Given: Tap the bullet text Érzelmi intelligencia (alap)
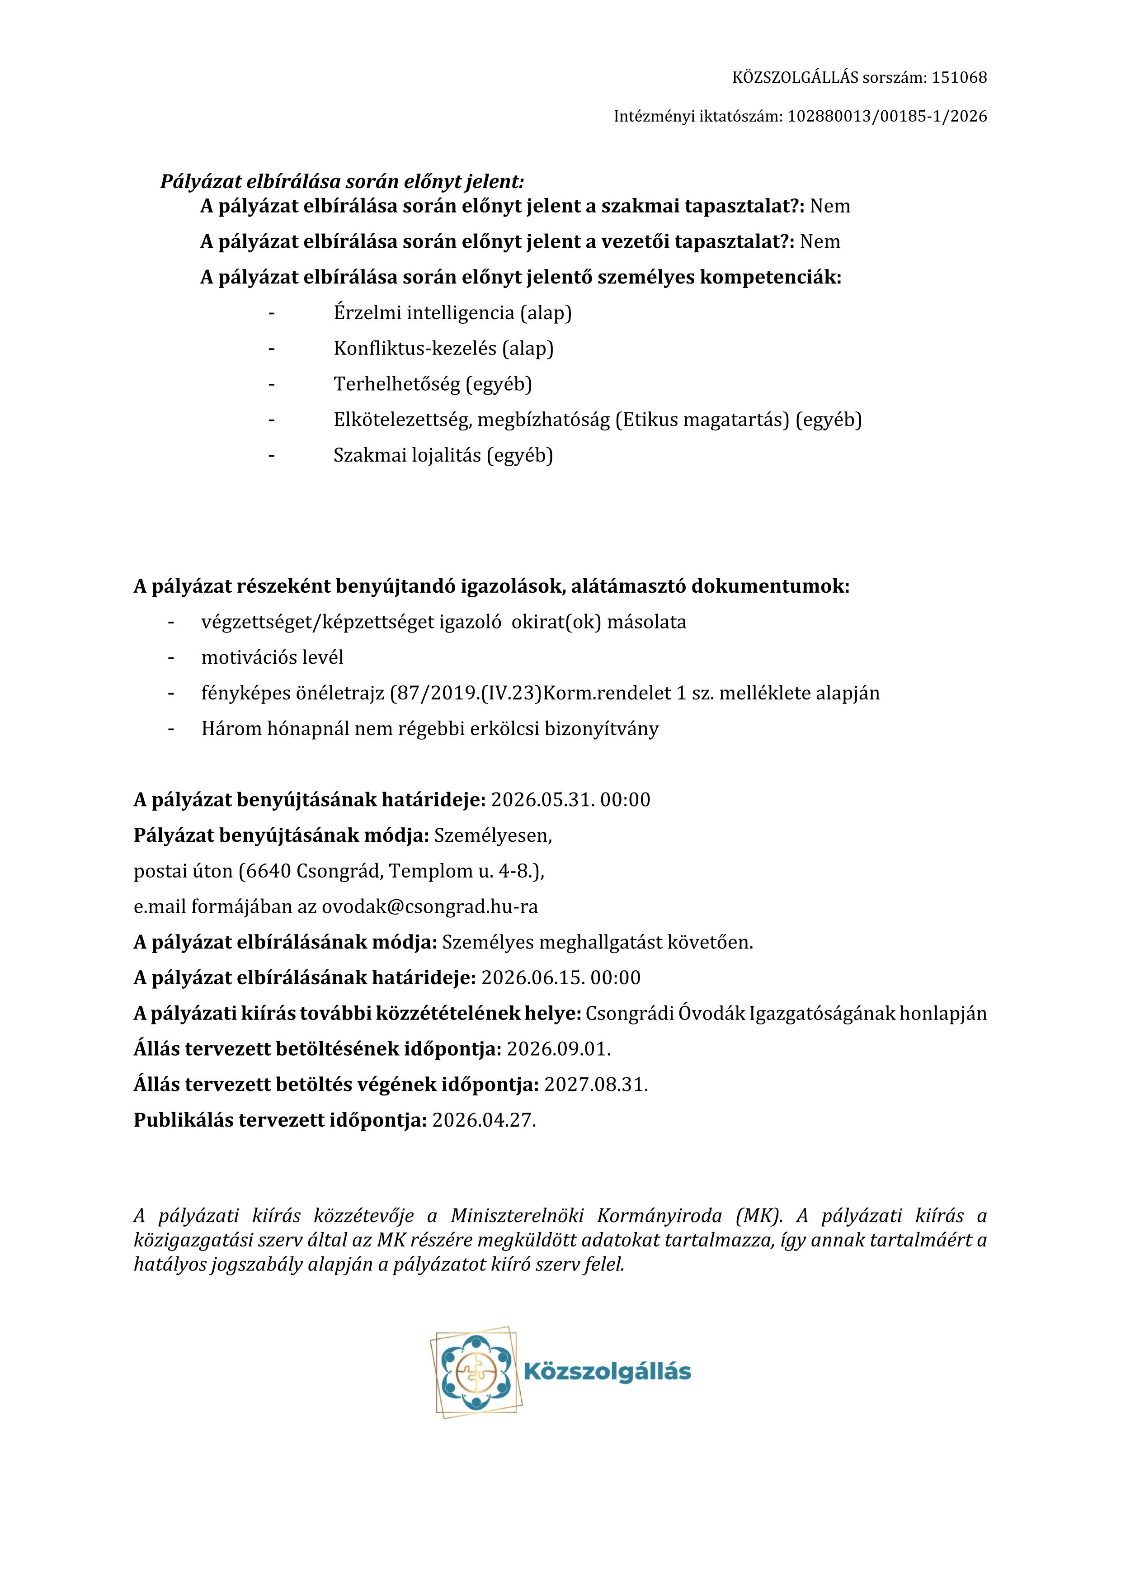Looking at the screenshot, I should [x=452, y=313].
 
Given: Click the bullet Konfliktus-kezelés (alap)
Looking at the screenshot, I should [x=443, y=348].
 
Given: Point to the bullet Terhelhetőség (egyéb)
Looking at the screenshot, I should [x=433, y=384].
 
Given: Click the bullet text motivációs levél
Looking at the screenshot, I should [x=272, y=657].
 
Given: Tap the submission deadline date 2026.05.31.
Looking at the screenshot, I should [x=542, y=800].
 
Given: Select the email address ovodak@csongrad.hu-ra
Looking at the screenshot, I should [x=429, y=906].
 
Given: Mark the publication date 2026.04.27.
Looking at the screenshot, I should [x=484, y=1120].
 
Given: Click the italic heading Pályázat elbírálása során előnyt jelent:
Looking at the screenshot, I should [x=342, y=182].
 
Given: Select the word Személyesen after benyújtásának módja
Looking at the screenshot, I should [x=492, y=836].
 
